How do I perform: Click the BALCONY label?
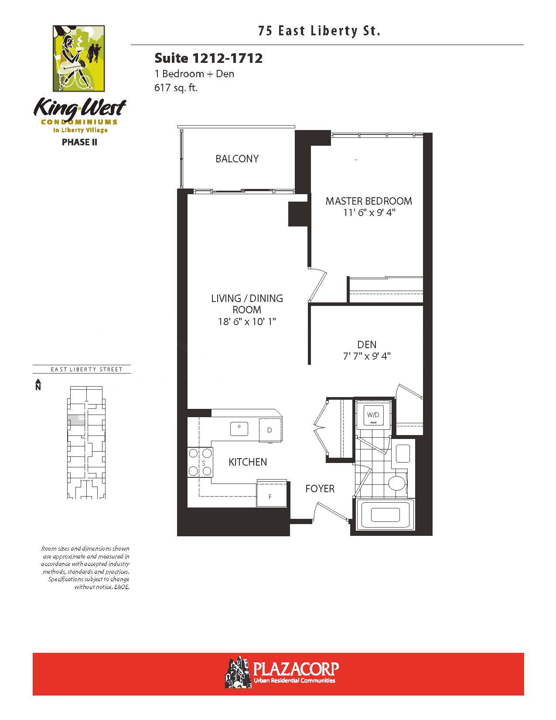click(x=237, y=159)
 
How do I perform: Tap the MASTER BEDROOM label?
click(x=368, y=201)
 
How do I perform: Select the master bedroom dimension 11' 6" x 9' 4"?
click(x=369, y=213)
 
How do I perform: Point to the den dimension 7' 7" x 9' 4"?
click(x=367, y=356)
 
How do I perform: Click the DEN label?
click(x=367, y=345)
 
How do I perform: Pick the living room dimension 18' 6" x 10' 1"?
click(x=247, y=322)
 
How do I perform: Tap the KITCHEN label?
click(x=248, y=462)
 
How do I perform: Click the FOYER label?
click(x=320, y=488)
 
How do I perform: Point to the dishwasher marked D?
click(x=270, y=430)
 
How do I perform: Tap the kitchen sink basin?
click(x=239, y=429)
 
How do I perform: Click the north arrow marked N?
click(x=38, y=384)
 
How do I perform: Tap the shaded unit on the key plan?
click(x=76, y=420)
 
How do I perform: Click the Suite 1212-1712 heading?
click(x=208, y=58)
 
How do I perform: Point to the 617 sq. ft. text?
click(x=176, y=88)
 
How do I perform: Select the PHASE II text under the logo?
click(x=79, y=142)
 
